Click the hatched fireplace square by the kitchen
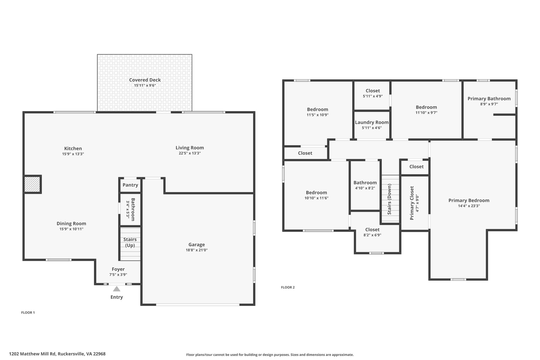pos(32,184)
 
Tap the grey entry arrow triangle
pos(117,289)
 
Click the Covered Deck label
pos(145,80)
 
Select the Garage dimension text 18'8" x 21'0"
pos(197,250)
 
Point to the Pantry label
pos(130,185)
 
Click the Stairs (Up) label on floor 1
pos(130,242)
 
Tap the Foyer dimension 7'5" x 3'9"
pos(118,275)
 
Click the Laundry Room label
pos(372,122)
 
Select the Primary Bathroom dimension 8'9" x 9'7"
pos(489,104)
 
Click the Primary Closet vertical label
pos(412,203)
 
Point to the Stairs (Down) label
pos(389,199)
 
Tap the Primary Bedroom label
pos(469,200)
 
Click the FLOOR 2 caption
pos(288,287)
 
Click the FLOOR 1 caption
pos(28,313)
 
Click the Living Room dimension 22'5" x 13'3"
pos(190,153)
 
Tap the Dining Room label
pos(71,224)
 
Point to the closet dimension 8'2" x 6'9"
pos(372,235)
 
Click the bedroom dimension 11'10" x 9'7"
pos(426,113)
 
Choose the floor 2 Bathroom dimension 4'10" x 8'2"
pos(365,188)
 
